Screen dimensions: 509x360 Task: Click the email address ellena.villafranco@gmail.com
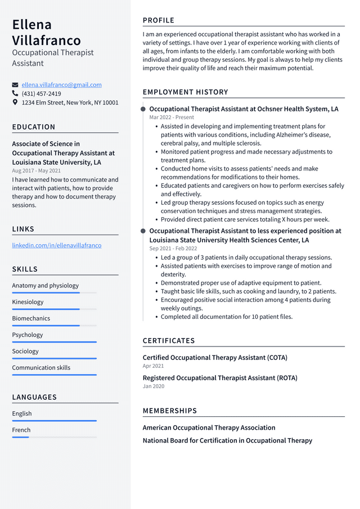(62, 85)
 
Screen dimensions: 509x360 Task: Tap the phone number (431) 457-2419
(41, 94)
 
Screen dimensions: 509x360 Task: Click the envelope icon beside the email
(15, 85)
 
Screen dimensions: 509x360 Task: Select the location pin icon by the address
(15, 102)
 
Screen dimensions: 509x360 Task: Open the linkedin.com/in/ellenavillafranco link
(57, 245)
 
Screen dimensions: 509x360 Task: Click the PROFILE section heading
(159, 20)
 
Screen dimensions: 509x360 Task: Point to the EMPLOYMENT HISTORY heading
(185, 92)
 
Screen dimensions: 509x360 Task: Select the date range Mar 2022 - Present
(172, 118)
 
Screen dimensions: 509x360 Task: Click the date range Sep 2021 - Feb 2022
(173, 249)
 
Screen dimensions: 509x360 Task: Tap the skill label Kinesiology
(28, 302)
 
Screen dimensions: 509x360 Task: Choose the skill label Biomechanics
(31, 318)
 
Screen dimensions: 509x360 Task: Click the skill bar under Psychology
(54, 342)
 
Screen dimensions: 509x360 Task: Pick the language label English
(22, 413)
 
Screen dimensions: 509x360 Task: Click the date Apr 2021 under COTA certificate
(154, 366)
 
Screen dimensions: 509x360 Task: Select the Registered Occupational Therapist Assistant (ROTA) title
(220, 378)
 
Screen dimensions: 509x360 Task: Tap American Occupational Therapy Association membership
(209, 427)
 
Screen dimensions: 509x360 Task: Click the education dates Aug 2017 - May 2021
(37, 170)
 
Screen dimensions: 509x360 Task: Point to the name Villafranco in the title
(46, 40)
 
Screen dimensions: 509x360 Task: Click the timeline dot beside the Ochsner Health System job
(143, 109)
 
